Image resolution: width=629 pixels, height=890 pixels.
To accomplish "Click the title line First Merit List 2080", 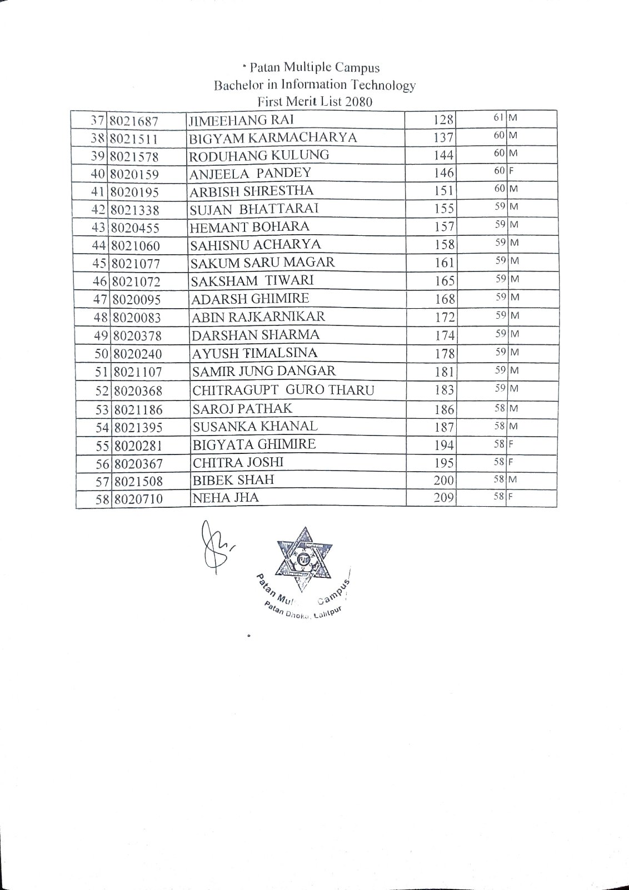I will pos(314,102).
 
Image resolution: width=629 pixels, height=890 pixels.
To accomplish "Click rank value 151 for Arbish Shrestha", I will pos(444,191).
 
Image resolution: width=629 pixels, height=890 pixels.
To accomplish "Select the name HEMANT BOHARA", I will pos(249,227).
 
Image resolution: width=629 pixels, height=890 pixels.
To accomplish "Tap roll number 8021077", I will pos(136,263).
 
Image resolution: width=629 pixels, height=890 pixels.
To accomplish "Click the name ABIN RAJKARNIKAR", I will pos(258,317).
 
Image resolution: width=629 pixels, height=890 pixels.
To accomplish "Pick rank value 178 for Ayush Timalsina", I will pos(445,353).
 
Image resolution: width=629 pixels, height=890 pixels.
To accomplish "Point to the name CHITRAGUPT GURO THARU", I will pos(283,390).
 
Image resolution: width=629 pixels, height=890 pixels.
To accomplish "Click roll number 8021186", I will pos(138,410).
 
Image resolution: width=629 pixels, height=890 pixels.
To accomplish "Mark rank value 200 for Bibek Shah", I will pos(444,480).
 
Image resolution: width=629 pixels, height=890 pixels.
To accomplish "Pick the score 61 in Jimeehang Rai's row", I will pos(498,117).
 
